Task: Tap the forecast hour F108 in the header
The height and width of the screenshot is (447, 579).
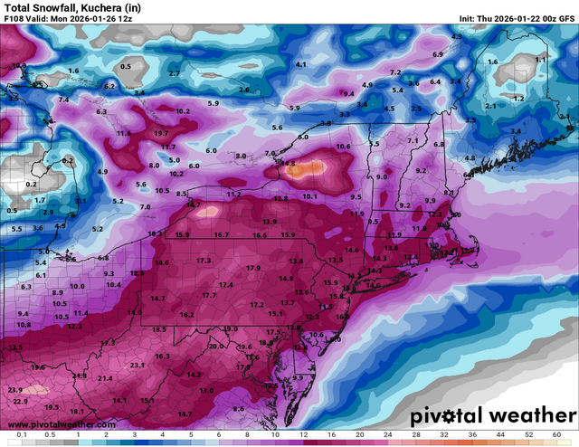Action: tap(17, 18)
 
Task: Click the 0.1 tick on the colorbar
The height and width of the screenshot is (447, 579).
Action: tap(20, 435)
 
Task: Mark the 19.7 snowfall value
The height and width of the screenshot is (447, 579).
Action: tap(162, 133)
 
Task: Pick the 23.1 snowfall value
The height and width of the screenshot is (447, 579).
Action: tap(138, 365)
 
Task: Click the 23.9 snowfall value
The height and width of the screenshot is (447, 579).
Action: tap(15, 389)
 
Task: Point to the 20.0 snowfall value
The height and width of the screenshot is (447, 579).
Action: tap(215, 347)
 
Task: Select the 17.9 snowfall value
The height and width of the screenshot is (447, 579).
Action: tap(253, 269)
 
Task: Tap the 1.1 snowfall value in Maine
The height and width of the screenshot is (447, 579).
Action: tap(540, 59)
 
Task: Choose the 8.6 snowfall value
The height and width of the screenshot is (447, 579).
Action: tap(238, 409)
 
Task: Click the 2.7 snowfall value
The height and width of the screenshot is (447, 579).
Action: tap(174, 72)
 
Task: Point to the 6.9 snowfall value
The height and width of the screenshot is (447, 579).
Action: tap(438, 55)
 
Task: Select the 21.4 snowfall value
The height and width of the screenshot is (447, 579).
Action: tap(105, 377)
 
